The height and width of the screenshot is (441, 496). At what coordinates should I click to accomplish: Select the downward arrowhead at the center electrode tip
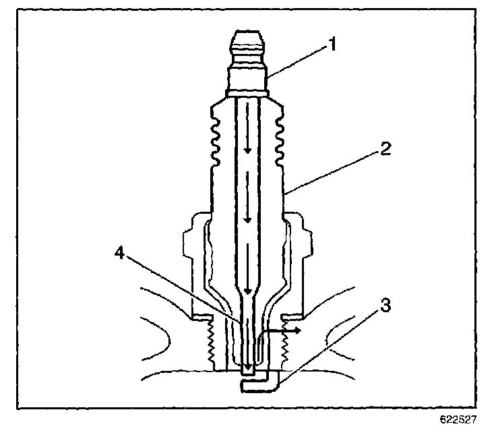pos(248,367)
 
